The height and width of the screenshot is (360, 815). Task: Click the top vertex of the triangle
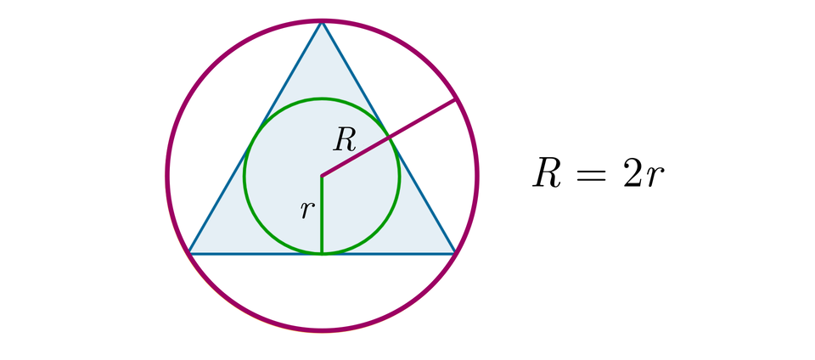[x=322, y=22]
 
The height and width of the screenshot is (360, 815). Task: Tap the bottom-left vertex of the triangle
[x=188, y=252]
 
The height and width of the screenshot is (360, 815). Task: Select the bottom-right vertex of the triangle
[x=455, y=252]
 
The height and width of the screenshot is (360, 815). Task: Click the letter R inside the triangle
[x=345, y=139]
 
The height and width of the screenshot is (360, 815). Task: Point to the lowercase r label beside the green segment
[x=306, y=210]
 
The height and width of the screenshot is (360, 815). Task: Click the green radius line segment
[x=322, y=217]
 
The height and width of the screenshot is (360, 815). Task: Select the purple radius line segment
[x=389, y=138]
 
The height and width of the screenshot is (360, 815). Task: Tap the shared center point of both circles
[x=322, y=176]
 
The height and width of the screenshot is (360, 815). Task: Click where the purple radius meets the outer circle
[x=457, y=99]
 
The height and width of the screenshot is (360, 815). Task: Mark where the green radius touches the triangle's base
[x=322, y=252]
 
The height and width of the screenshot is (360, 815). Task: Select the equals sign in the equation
[x=592, y=175]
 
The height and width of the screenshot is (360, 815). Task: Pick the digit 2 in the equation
[x=631, y=174]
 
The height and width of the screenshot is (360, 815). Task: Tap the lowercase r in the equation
[x=653, y=179]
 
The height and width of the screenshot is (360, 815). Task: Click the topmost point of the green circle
[x=322, y=98]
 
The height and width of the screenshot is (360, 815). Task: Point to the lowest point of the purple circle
[x=322, y=329]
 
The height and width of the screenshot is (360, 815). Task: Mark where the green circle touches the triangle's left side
[x=255, y=137]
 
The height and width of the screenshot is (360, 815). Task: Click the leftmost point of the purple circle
[x=167, y=176]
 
